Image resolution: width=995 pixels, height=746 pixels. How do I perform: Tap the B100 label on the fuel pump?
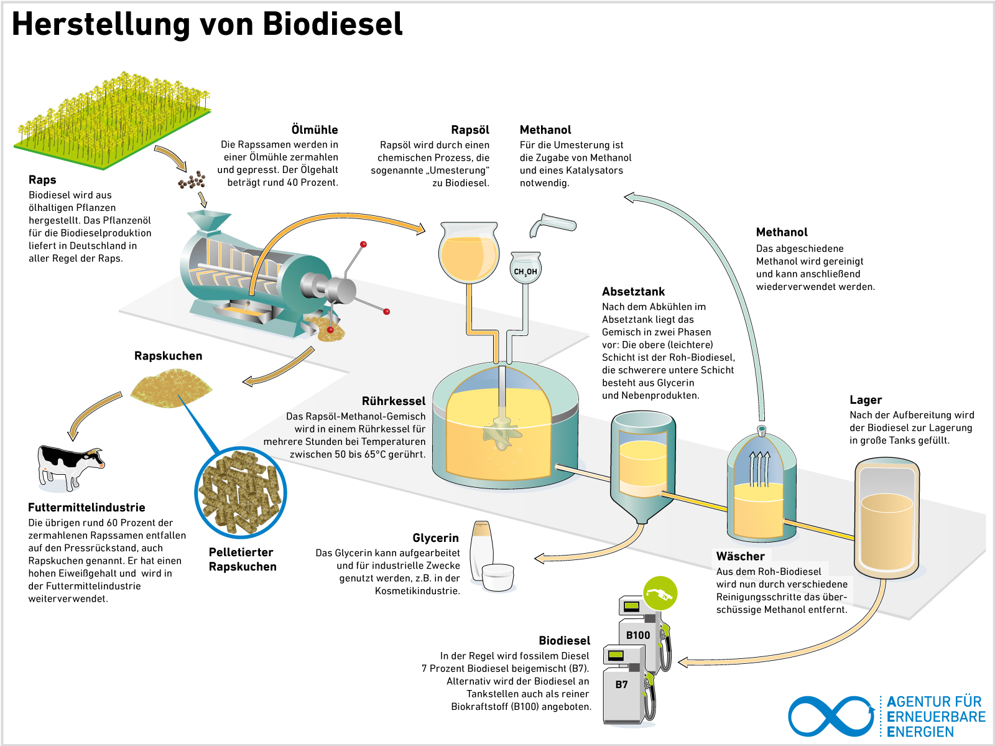pyautogui.click(x=637, y=635)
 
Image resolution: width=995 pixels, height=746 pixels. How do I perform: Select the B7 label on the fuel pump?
pyautogui.click(x=621, y=684)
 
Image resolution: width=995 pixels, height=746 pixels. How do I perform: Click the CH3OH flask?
pyautogui.click(x=525, y=269)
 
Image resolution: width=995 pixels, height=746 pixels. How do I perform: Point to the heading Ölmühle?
pyautogui.click(x=315, y=129)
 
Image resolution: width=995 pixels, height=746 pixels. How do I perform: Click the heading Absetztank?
pyautogui.click(x=633, y=291)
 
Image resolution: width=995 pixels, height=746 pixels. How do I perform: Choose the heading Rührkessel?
pyautogui.click(x=394, y=401)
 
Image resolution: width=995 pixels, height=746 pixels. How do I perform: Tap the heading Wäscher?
pyautogui.click(x=740, y=556)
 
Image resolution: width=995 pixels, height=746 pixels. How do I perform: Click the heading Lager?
pyautogui.click(x=866, y=399)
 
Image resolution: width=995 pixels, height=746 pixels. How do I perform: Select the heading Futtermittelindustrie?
pyautogui.click(x=86, y=507)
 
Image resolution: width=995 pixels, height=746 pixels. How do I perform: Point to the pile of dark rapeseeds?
pyautogui.click(x=192, y=180)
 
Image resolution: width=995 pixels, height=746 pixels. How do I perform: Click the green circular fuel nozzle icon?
pyautogui.click(x=660, y=594)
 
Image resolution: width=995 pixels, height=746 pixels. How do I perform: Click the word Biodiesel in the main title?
pyautogui.click(x=332, y=24)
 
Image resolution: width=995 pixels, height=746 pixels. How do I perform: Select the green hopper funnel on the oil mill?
pyautogui.click(x=208, y=220)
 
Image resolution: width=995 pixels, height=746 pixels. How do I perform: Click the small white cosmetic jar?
pyautogui.click(x=498, y=577)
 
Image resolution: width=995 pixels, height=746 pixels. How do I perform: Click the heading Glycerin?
pyautogui.click(x=435, y=538)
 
